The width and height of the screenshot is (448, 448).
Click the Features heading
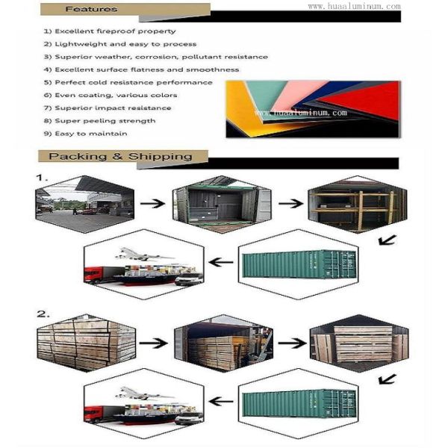pyautogui.click(x=91, y=9)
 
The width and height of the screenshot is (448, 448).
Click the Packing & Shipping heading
pyautogui.click(x=120, y=156)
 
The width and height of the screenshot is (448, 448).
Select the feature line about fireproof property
pyautogui.click(x=110, y=31)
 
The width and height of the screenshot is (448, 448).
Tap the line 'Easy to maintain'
pyautogui.click(x=85, y=134)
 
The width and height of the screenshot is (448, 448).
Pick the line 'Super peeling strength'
pyautogui.click(x=100, y=120)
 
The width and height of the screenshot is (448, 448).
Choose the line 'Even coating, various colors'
pyautogui.click(x=111, y=95)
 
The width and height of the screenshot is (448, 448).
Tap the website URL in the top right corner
pyautogui.click(x=354, y=6)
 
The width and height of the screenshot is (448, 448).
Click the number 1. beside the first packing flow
pyautogui.click(x=42, y=178)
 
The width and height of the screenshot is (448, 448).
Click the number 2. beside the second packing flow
pyautogui.click(x=43, y=314)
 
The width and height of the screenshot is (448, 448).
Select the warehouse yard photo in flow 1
pyautogui.click(x=85, y=205)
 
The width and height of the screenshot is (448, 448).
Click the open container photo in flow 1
pyautogui.click(x=222, y=205)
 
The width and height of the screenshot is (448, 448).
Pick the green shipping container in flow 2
pyautogui.click(x=299, y=403)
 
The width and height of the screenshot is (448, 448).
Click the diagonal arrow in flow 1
pyautogui.click(x=387, y=240)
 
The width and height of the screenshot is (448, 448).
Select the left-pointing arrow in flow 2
pyautogui.click(x=221, y=401)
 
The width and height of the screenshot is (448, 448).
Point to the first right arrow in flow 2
pyautogui.click(x=153, y=343)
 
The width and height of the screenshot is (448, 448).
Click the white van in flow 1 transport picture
pyautogui.click(x=189, y=279)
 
